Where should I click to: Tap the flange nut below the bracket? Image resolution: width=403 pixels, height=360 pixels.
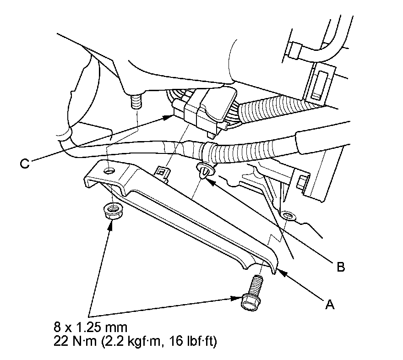111,211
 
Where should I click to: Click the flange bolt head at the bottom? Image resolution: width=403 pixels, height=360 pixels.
250,300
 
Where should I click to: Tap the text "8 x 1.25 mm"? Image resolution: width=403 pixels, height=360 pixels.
89,327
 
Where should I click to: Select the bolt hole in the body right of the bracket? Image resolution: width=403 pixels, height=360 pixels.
287,215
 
